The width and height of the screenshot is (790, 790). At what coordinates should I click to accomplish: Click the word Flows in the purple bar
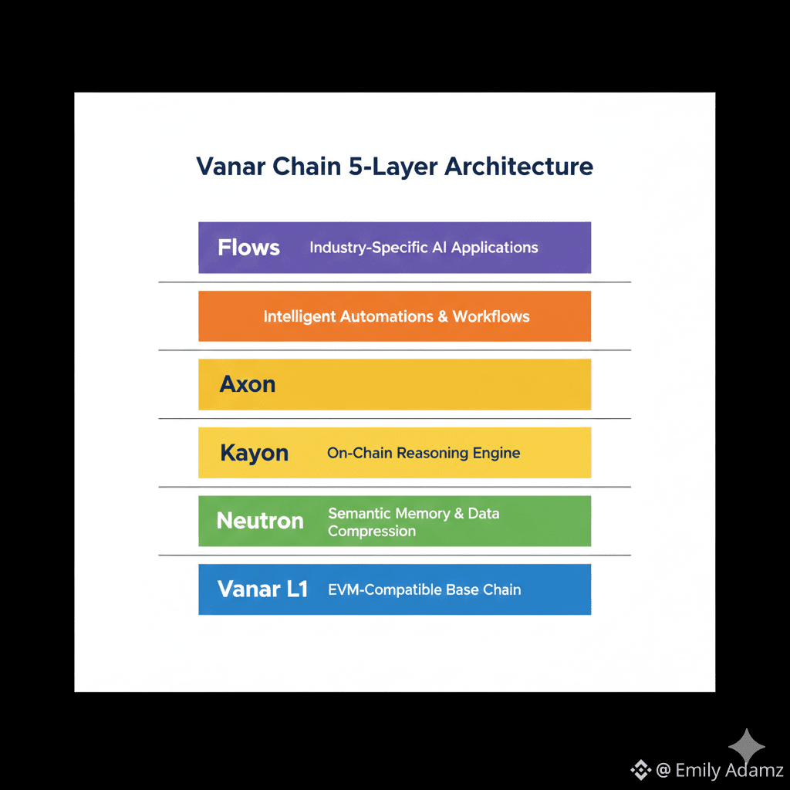click(248, 248)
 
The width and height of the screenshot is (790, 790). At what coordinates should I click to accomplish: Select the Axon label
click(248, 384)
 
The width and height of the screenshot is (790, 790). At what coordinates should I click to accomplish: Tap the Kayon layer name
click(254, 453)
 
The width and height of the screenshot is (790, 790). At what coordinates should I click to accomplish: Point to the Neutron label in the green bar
click(260, 521)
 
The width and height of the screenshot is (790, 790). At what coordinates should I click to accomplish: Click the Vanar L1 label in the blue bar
click(262, 589)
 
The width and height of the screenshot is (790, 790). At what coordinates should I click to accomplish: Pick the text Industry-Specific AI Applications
click(424, 248)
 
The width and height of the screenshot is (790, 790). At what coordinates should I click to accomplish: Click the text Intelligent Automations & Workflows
click(397, 316)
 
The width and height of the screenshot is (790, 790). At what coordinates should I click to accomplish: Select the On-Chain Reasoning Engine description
click(424, 453)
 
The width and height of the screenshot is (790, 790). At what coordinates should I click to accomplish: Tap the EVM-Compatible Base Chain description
click(424, 589)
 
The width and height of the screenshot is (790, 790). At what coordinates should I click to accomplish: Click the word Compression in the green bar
click(372, 531)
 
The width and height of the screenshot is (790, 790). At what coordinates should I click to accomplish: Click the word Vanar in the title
click(229, 167)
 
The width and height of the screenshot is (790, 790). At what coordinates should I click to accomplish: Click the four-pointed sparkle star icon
click(747, 747)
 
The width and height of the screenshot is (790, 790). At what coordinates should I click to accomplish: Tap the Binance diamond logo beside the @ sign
click(640, 769)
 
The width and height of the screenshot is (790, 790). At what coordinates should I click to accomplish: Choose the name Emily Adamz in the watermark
click(729, 770)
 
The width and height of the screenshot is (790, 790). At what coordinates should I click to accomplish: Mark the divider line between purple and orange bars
click(394, 282)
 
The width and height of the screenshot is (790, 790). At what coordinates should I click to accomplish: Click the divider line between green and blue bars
click(394, 555)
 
